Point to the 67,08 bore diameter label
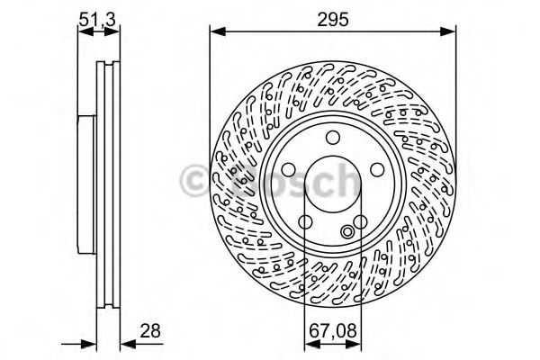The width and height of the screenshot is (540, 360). pos(332,331)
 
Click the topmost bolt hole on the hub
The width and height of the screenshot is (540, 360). pos(332,138)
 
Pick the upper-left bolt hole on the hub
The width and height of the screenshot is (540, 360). pos(287,170)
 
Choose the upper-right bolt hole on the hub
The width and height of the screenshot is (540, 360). pos(377,170)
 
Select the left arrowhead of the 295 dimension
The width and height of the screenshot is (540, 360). pos(214,32)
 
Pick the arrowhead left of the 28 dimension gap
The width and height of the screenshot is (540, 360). pos(90,342)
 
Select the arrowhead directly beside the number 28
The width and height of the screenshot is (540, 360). pos(126,342)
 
